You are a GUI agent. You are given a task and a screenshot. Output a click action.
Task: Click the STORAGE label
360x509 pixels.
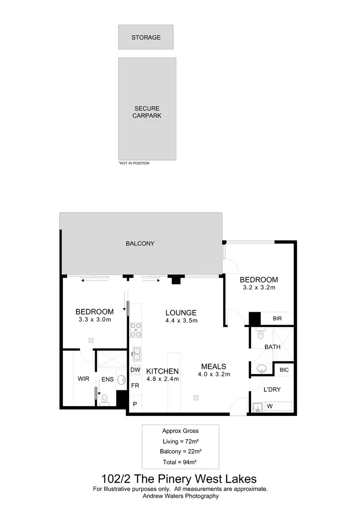point(146,37)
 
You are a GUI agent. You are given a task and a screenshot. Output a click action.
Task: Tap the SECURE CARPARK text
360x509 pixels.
point(147,112)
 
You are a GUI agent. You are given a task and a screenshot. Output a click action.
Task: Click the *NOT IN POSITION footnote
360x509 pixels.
point(134,163)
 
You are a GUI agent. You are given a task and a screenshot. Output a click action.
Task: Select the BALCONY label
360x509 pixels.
point(140,243)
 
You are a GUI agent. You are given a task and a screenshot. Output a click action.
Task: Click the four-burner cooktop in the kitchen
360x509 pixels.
point(135,331)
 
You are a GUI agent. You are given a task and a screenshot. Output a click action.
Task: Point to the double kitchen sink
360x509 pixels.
point(135,354)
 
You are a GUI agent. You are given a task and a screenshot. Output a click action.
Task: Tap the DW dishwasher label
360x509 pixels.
point(135,371)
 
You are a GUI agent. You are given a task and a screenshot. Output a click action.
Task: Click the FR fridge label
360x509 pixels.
point(135,386)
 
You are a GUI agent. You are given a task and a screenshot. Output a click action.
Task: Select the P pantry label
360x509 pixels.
point(135,404)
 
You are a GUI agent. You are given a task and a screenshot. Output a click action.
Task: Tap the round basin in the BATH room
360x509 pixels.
point(262,369)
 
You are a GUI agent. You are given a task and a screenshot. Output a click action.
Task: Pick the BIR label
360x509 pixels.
point(277,319)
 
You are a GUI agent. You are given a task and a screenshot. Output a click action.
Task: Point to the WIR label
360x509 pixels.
point(84,379)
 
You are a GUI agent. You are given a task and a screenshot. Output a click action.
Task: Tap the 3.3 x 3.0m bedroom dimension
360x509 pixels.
point(94,319)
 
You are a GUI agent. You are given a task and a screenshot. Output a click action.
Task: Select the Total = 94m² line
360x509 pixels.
point(180,462)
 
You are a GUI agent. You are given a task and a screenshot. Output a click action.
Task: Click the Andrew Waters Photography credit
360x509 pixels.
point(180,496)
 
